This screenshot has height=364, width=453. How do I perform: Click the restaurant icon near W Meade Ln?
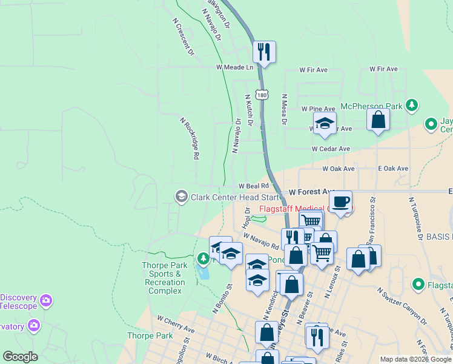[x=264, y=52]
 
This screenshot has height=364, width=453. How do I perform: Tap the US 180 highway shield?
[x=261, y=95]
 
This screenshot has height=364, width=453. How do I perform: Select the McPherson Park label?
[x=371, y=106]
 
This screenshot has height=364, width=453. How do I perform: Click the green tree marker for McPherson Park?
[x=412, y=106]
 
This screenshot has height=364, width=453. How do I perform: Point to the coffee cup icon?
[x=340, y=201]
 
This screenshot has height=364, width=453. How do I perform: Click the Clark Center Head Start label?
[x=236, y=197]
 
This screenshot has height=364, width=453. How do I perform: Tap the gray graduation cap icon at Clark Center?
[x=181, y=197]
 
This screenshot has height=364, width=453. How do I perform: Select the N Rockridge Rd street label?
[x=190, y=138]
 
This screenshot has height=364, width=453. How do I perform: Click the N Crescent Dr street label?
[x=183, y=37]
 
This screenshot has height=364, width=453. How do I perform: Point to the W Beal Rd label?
[x=253, y=186]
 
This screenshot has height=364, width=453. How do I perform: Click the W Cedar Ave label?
[x=331, y=149]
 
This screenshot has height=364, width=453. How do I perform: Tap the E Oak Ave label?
[x=393, y=168]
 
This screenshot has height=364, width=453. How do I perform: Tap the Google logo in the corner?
[x=20, y=357]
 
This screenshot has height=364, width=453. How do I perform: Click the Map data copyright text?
[x=415, y=359]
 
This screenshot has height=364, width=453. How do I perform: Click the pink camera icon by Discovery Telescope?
[x=47, y=300]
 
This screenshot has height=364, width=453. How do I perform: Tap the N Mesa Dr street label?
[x=283, y=110]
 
